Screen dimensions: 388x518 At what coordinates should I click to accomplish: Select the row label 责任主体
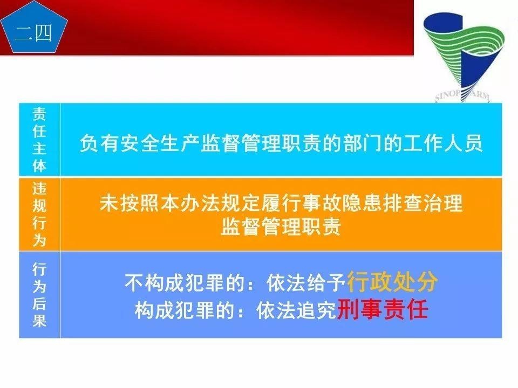tap(39, 140)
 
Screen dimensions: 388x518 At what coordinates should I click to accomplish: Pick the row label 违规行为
tap(39, 214)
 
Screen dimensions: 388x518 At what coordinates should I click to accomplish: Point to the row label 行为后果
tap(39, 294)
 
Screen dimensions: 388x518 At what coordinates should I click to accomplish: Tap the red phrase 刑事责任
tap(382, 310)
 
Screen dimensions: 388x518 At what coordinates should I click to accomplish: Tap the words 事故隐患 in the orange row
tap(311, 204)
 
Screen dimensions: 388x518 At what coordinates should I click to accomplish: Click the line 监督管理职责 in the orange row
tap(281, 227)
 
